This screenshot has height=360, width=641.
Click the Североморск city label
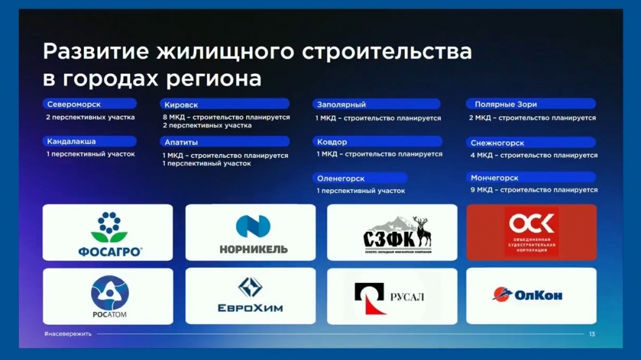pyautogui.click(x=74, y=105)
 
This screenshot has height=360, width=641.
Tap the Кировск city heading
pyautogui.click(x=181, y=105)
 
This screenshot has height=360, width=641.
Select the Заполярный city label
pyautogui.click(x=341, y=105)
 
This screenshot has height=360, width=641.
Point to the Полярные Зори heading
pyautogui.click(x=506, y=105)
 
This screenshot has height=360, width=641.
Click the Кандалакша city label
pyautogui.click(x=71, y=141)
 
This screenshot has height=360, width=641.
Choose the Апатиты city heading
pyautogui.click(x=181, y=142)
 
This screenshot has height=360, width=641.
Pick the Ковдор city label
pyautogui.click(x=332, y=142)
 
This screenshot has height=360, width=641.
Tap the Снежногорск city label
pyautogui.click(x=498, y=143)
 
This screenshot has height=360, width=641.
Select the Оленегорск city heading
pyautogui.click(x=341, y=178)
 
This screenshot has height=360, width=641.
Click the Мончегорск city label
pyautogui.click(x=495, y=178)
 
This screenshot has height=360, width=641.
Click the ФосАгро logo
pyautogui.click(x=110, y=234)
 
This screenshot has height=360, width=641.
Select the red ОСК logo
pyautogui.click(x=531, y=232)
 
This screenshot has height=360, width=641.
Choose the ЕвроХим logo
pyautogui.click(x=250, y=294)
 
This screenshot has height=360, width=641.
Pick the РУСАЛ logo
pyautogui.click(x=389, y=298)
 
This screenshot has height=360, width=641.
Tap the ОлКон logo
pyautogui.click(x=527, y=294)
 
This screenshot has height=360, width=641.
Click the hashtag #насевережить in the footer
pyautogui.click(x=68, y=334)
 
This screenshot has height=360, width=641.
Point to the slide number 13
pyautogui.click(x=592, y=334)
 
